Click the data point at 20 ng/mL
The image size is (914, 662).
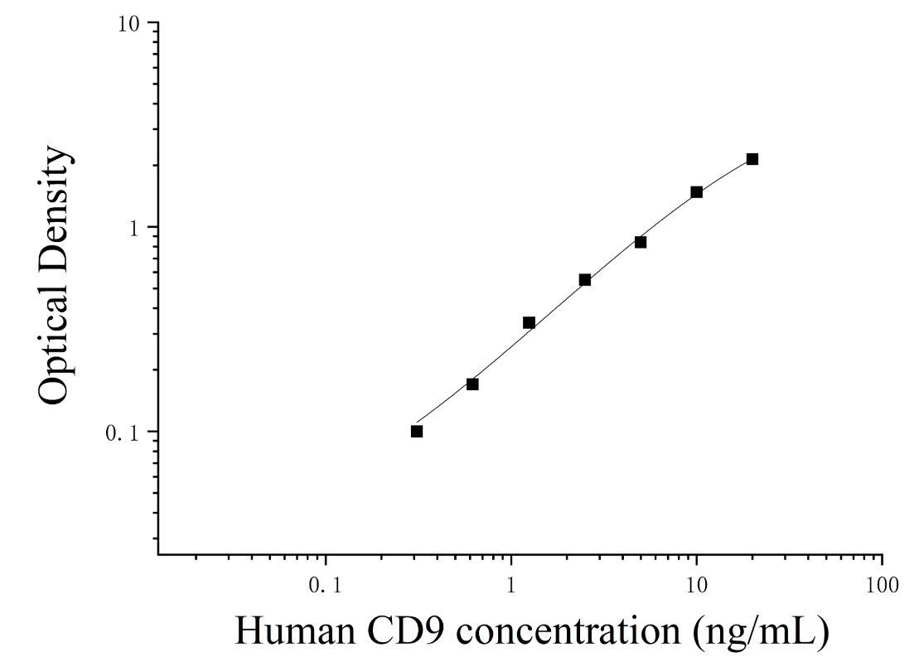pyautogui.click(x=752, y=159)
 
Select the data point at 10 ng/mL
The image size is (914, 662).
pyautogui.click(x=696, y=192)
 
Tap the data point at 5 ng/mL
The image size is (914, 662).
pyautogui.click(x=640, y=242)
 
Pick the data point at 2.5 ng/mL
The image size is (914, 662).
pyautogui.click(x=585, y=280)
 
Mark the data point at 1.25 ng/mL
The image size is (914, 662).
pyautogui.click(x=529, y=323)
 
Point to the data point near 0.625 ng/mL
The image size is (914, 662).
pyautogui.click(x=472, y=384)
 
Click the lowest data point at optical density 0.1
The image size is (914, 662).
pyautogui.click(x=416, y=431)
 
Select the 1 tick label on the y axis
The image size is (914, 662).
pyautogui.click(x=135, y=229)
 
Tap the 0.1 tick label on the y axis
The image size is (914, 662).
pyautogui.click(x=123, y=433)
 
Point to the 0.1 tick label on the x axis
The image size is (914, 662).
pyautogui.click(x=325, y=585)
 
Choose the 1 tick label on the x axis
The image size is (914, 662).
pyautogui.click(x=510, y=585)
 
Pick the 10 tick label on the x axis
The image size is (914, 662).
pyautogui.click(x=695, y=585)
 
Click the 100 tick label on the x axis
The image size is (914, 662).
pyautogui.click(x=882, y=585)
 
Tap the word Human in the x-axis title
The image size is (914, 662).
pyautogui.click(x=295, y=631)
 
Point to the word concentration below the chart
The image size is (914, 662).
pyautogui.click(x=568, y=631)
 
